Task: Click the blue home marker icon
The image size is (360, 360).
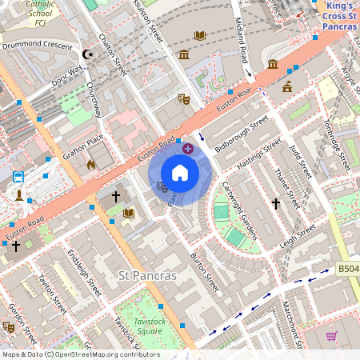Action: (x=180, y=174)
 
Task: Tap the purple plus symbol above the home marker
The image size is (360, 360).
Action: (x=188, y=148)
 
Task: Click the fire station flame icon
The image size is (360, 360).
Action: (x=91, y=165)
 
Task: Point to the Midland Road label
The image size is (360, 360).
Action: (x=238, y=61)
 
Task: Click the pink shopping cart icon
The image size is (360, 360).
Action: (x=331, y=335)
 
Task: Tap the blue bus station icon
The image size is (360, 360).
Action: (x=18, y=176)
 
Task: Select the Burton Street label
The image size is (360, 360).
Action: (x=205, y=272)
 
